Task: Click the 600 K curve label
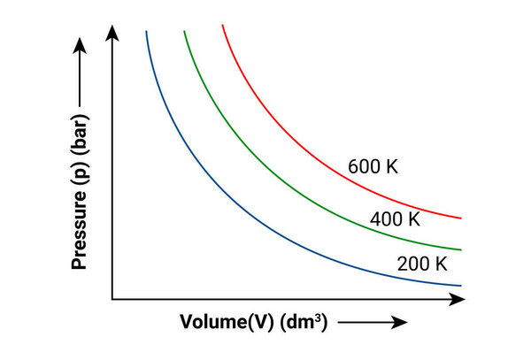coord(373,165)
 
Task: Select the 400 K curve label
coord(396,218)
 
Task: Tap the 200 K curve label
coord(423,263)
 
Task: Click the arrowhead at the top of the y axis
coord(112,33)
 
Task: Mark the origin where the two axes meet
coord(112,299)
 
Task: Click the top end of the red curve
coord(222,26)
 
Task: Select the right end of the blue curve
coord(461,285)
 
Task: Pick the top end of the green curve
coord(184,32)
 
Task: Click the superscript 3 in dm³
coord(323,318)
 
